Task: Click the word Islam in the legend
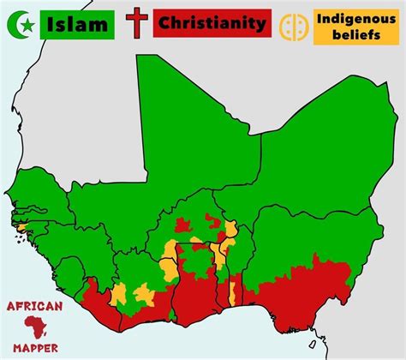(x=76, y=22)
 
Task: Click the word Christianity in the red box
(x=211, y=23)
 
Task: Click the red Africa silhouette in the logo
(x=33, y=327)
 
